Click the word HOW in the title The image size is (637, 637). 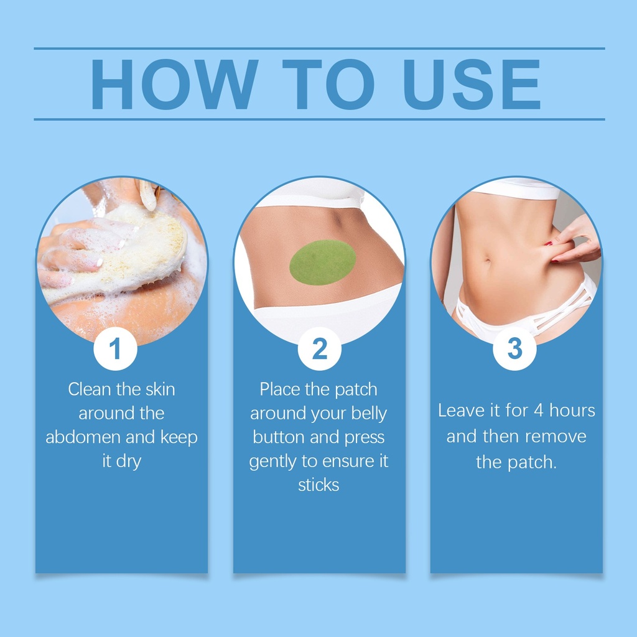[x=174, y=84]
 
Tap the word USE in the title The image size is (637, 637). [x=472, y=84]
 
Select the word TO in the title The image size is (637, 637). [x=328, y=84]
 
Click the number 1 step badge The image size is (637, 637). [x=115, y=348]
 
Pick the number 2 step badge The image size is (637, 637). [x=319, y=348]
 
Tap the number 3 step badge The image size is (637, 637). [x=514, y=348]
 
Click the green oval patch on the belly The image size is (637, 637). [x=323, y=263]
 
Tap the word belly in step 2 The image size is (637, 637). [x=369, y=414]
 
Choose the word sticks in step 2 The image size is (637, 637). [x=318, y=485]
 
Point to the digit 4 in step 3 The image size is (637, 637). [x=538, y=411]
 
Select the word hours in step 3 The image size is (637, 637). [x=572, y=411]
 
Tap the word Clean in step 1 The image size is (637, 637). [x=90, y=389]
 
